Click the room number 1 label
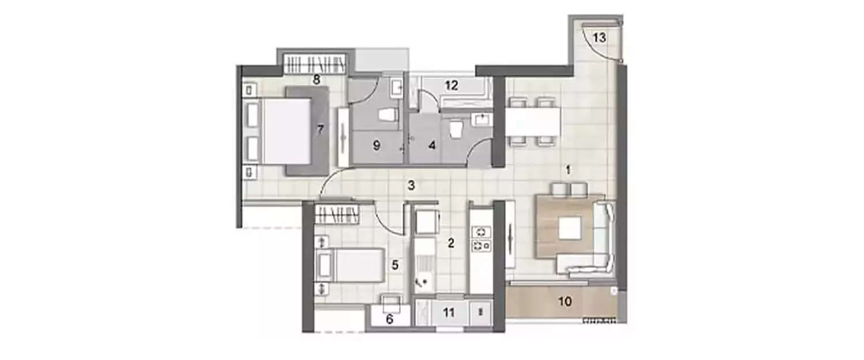(568, 170)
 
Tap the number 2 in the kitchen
(452, 243)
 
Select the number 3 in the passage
(411, 185)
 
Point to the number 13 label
(600, 38)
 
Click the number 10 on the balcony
(566, 301)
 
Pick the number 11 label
(449, 313)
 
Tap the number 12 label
(452, 86)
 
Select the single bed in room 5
(351, 266)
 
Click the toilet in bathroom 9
(389, 115)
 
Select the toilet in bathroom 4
(456, 128)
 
